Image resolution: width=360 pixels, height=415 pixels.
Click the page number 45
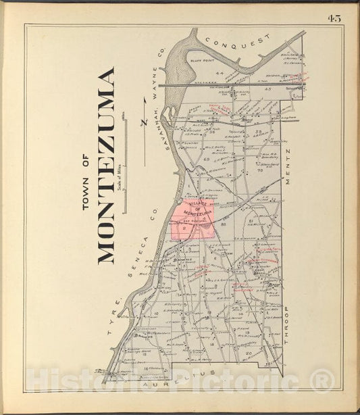pos(334,18)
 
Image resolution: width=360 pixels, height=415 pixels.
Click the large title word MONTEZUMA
pos(106,165)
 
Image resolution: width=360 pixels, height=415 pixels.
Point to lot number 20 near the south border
pos(249,353)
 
